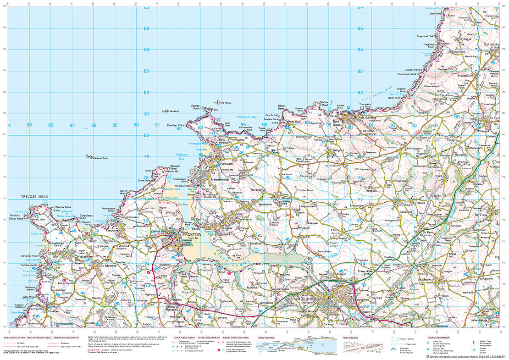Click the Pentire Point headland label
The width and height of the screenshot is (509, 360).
click(x=175, y=125)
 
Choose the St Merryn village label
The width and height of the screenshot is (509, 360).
click(x=103, y=266)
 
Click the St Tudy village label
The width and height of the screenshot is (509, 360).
click(x=483, y=214)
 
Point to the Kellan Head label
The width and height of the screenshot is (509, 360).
click(x=282, y=107)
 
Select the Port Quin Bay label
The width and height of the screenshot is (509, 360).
click(x=247, y=117)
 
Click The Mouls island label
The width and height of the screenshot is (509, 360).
click(x=226, y=102)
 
